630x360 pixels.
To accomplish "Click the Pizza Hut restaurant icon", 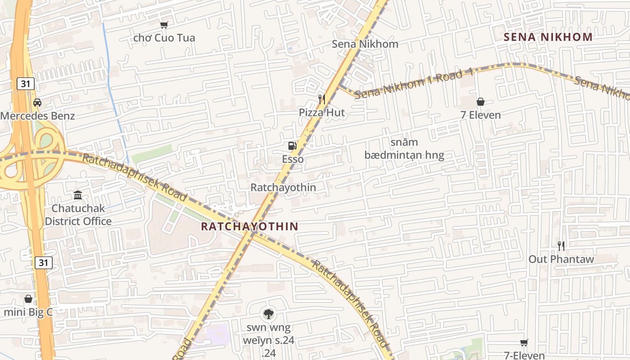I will point(321,99).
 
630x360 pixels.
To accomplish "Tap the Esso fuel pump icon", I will point(292,145).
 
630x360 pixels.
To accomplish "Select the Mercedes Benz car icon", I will point(37,103).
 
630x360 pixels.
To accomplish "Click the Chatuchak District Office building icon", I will point(78,195).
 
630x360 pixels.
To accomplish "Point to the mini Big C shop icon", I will point(28,299).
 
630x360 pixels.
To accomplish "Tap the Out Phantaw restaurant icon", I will point(561,246).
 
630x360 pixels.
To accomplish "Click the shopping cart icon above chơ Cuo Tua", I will point(164,25).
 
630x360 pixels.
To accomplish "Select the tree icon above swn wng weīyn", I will point(268,314).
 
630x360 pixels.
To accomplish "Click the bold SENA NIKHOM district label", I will point(548,37).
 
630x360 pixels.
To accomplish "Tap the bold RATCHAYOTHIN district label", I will point(249,226).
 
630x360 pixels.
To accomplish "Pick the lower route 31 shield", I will point(43,262).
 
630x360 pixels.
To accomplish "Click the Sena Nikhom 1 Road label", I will point(414,84).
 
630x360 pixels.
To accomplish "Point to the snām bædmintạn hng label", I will point(404,149).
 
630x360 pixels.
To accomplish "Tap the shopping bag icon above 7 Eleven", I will point(480,102).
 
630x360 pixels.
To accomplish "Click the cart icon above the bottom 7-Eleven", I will point(524,343).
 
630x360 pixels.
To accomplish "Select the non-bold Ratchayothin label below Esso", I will point(283,187).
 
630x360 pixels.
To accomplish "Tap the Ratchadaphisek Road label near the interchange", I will point(134,177).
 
